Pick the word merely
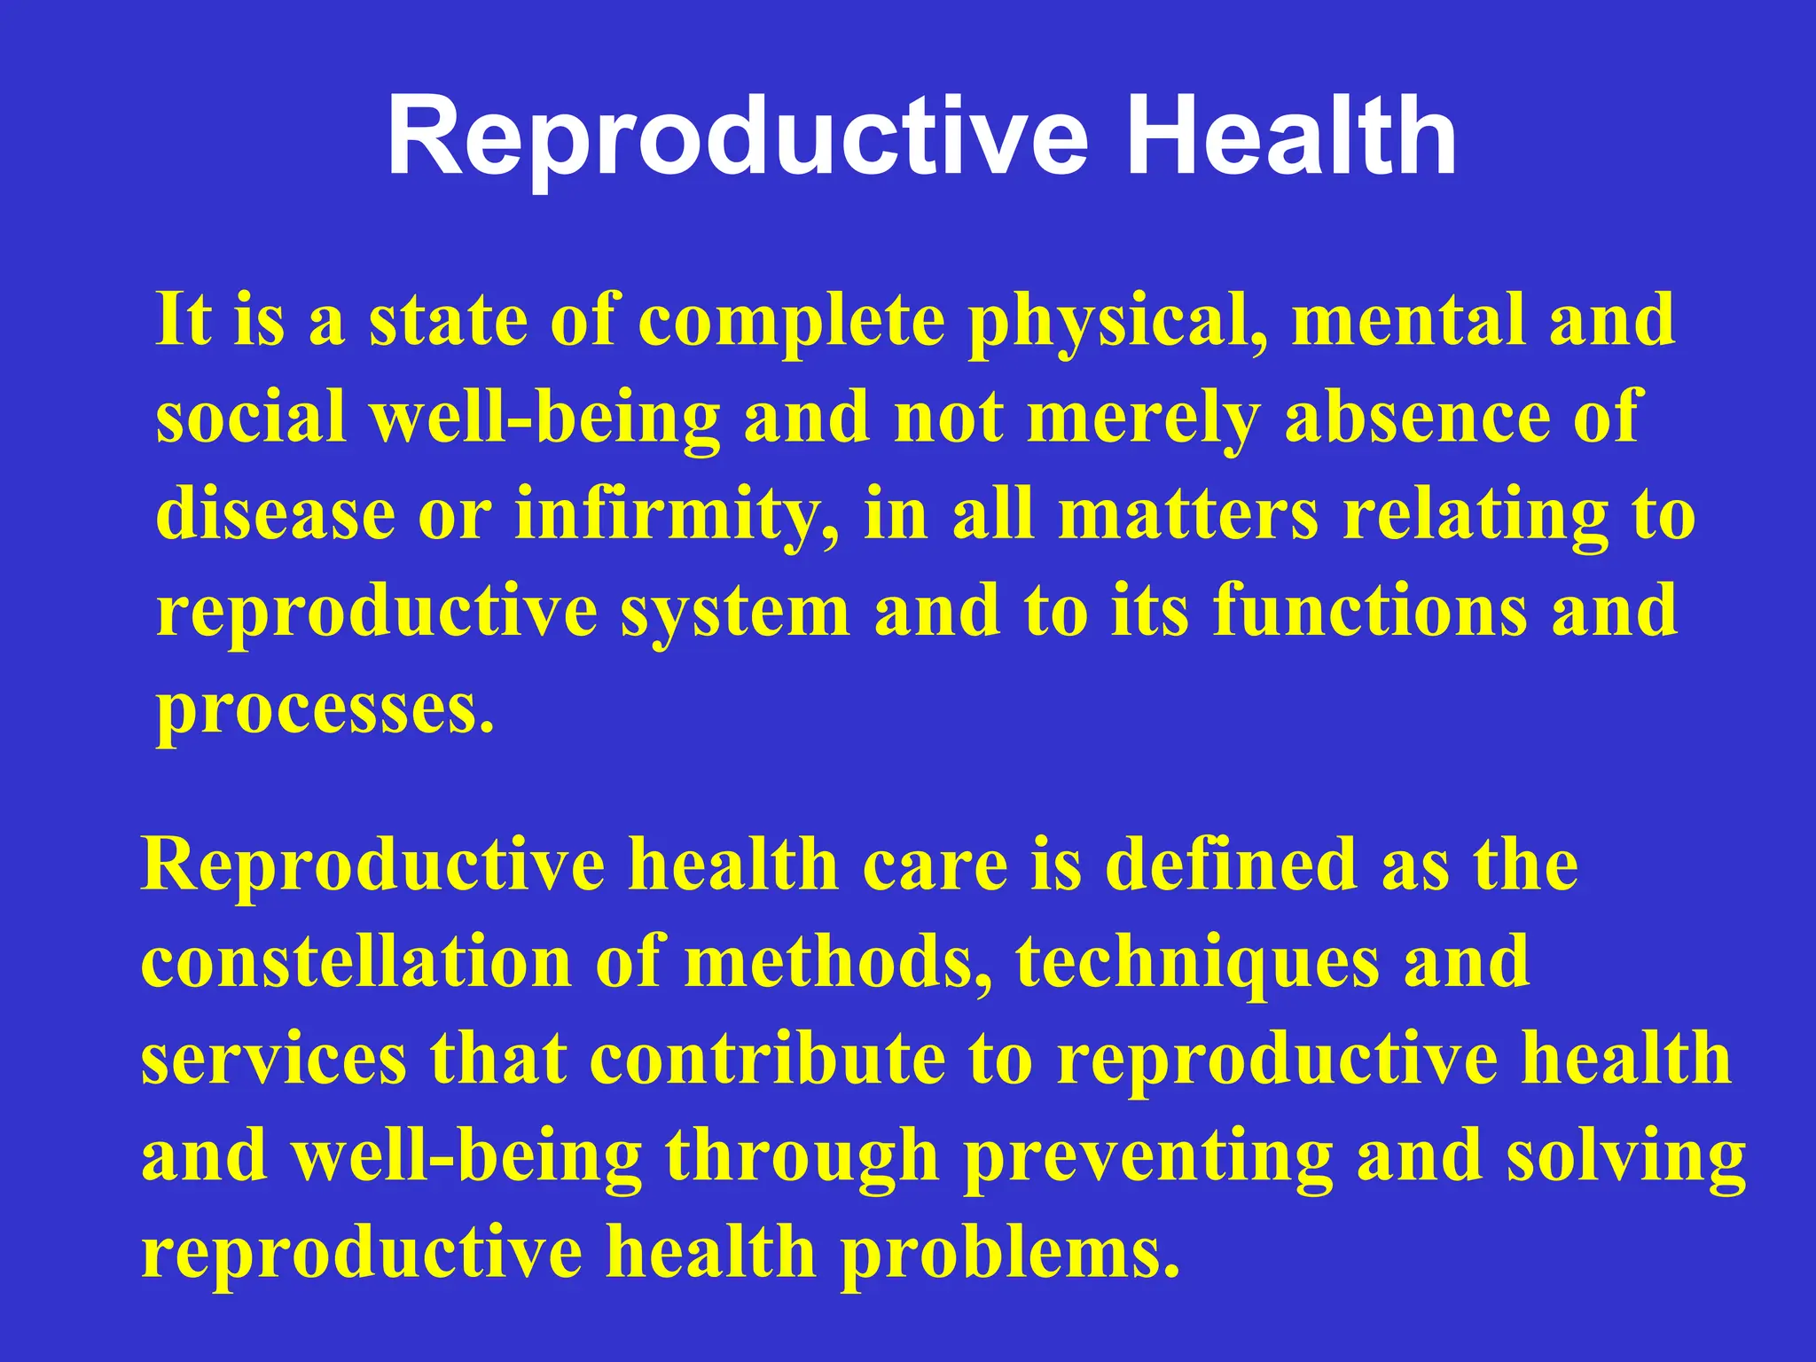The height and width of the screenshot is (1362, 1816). click(1143, 419)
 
